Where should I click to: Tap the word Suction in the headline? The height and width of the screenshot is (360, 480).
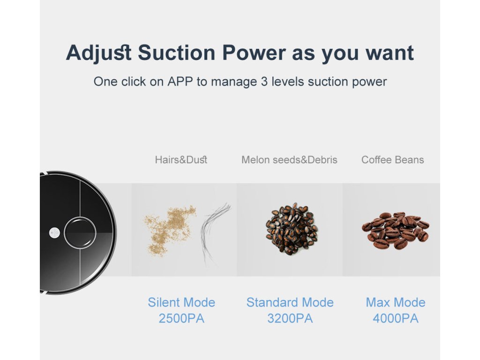pyautogui.click(x=177, y=52)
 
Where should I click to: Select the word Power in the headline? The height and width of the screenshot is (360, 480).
pyautogui.click(x=254, y=52)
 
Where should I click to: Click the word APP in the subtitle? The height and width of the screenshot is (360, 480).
pyautogui.click(x=180, y=82)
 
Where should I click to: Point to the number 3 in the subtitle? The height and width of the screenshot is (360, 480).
pyautogui.click(x=264, y=82)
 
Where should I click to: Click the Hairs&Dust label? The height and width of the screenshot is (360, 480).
pyautogui.click(x=181, y=160)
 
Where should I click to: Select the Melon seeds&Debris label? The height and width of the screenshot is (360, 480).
pyautogui.click(x=289, y=160)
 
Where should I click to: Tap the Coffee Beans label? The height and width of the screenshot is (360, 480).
pyautogui.click(x=393, y=160)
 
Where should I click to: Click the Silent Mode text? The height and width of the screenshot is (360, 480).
pyautogui.click(x=181, y=302)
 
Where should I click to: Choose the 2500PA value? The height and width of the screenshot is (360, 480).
pyautogui.click(x=181, y=318)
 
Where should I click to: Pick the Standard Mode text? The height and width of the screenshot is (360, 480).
pyautogui.click(x=290, y=302)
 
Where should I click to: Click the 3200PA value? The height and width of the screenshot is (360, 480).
pyautogui.click(x=290, y=318)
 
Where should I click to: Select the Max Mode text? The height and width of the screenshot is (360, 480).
pyautogui.click(x=396, y=302)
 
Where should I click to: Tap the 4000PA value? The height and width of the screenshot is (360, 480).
pyautogui.click(x=396, y=318)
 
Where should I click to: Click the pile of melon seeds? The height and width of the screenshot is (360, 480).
pyautogui.click(x=292, y=228)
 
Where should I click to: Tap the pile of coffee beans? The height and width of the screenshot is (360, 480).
pyautogui.click(x=396, y=230)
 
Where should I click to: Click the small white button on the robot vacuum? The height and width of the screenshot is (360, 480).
pyautogui.click(x=54, y=232)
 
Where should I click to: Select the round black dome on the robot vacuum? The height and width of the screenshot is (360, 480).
pyautogui.click(x=80, y=232)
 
